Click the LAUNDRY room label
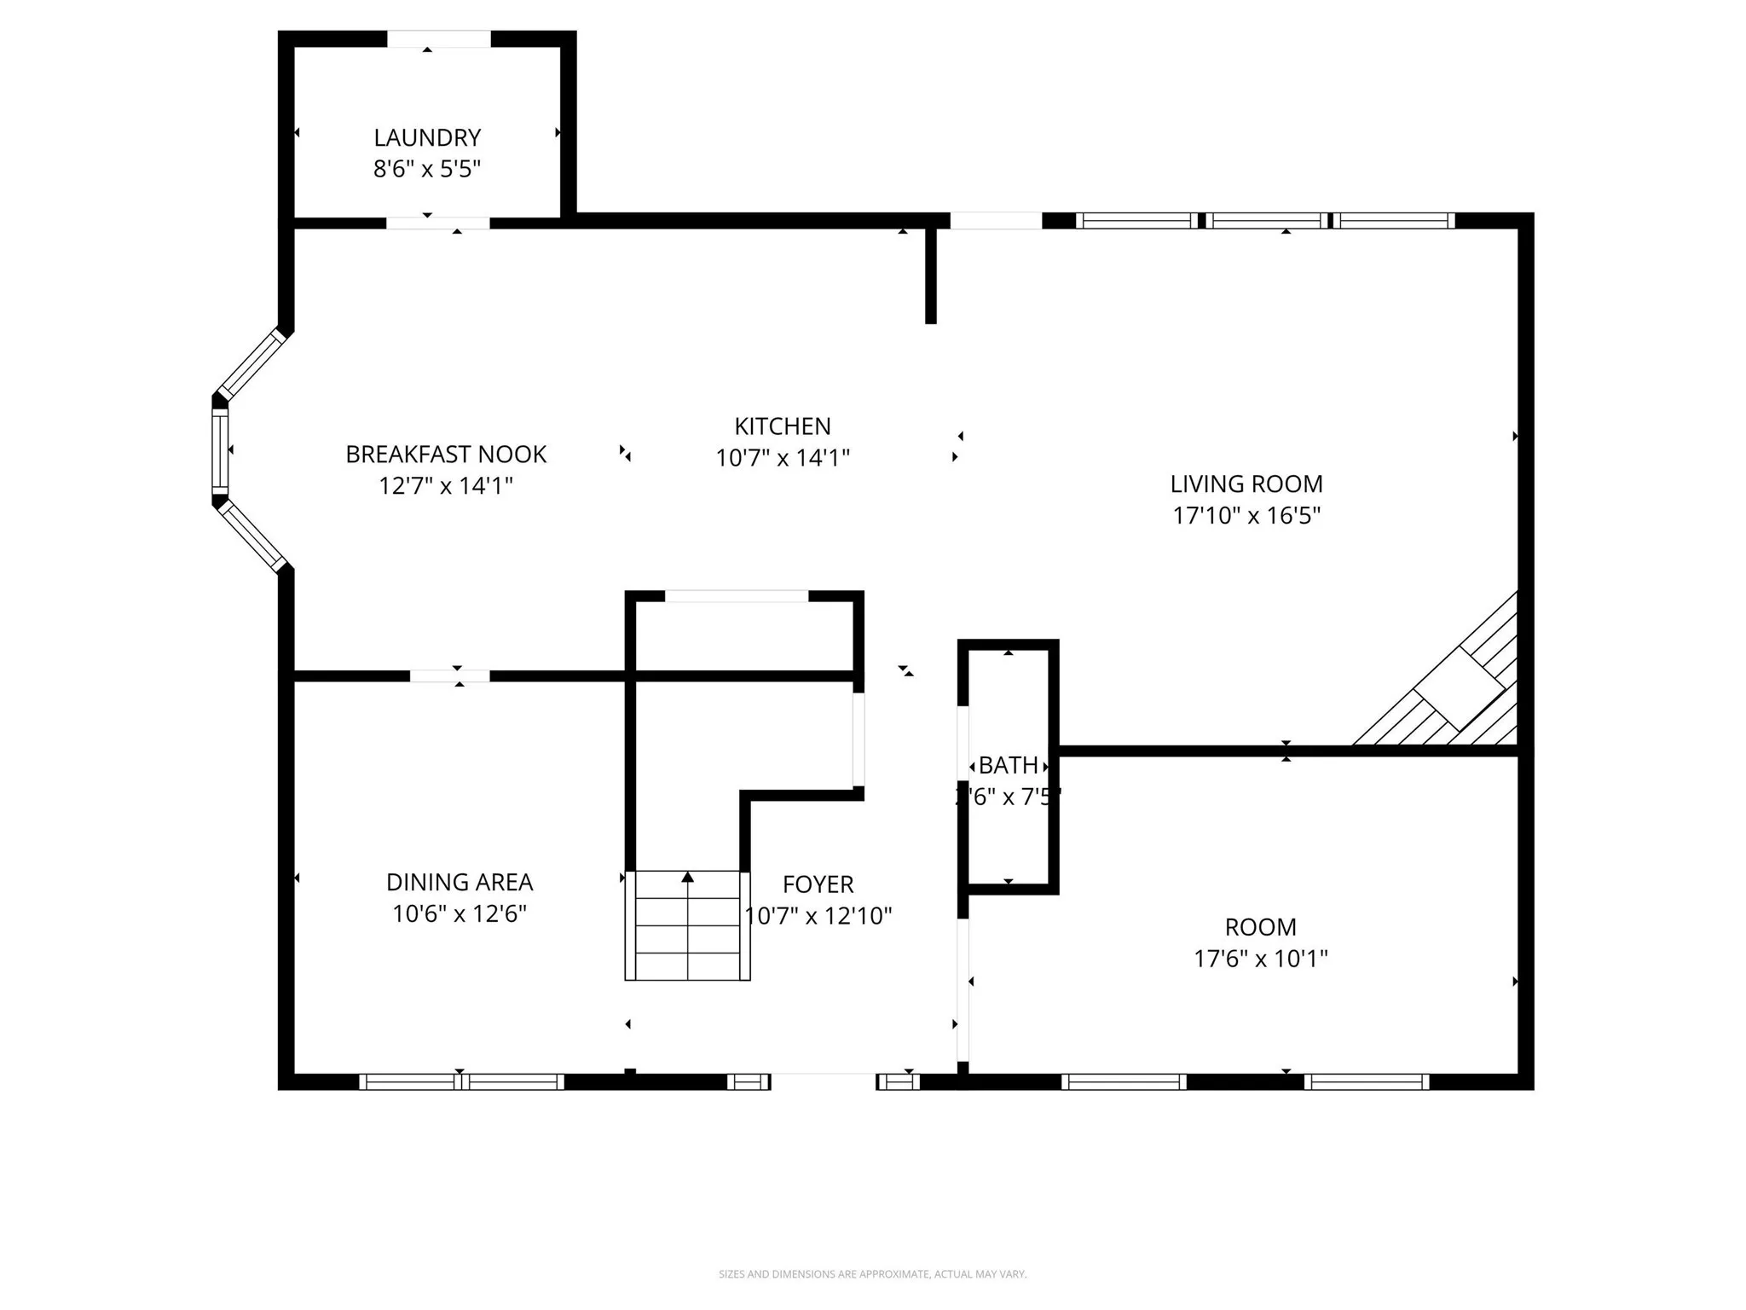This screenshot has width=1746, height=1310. click(x=427, y=137)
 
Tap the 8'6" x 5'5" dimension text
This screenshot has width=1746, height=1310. click(x=427, y=169)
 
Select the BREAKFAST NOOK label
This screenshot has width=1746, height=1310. click(x=446, y=454)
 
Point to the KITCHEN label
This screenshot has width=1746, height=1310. click(x=783, y=426)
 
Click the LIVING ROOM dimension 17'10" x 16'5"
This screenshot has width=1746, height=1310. click(x=1246, y=515)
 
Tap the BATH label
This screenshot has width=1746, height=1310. click(x=1009, y=765)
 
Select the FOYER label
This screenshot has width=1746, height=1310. click(x=818, y=884)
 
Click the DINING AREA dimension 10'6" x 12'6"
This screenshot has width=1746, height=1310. click(x=460, y=913)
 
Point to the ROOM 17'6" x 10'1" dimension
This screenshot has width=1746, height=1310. click(x=1261, y=959)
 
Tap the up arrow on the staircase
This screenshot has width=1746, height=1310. click(x=688, y=878)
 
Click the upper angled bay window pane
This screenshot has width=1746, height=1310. click(x=251, y=363)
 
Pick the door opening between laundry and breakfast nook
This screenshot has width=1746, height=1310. click(x=438, y=223)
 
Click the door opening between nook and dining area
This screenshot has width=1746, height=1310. click(x=450, y=676)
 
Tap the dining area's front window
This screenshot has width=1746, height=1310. click(x=461, y=1081)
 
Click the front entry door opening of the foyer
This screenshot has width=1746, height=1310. click(x=824, y=1081)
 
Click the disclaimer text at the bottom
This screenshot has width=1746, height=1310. click(x=872, y=1274)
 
